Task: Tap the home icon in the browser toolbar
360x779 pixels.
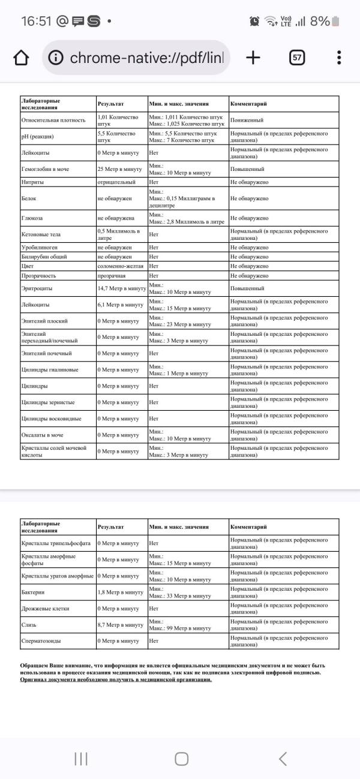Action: [x=20, y=58]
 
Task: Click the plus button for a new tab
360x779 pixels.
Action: [x=253, y=58]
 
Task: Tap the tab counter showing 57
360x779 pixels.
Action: [x=297, y=58]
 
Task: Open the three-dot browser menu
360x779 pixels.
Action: [x=339, y=58]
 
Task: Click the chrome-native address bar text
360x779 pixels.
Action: [x=146, y=58]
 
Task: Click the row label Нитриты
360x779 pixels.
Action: [x=32, y=182]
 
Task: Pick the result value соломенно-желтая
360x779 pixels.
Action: [x=119, y=266]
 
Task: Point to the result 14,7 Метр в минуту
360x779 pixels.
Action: [x=122, y=288]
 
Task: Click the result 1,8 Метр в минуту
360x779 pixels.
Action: [x=120, y=592]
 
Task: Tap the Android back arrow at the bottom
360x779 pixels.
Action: [x=283, y=759]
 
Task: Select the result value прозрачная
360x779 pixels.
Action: [x=112, y=275]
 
